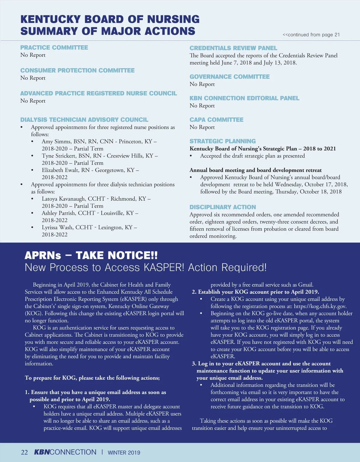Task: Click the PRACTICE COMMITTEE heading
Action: tap(54, 48)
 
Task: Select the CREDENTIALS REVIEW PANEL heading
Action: tap(233, 48)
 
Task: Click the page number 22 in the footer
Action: tap(24, 452)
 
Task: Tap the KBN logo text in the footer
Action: tap(42, 452)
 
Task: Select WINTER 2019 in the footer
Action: tap(124, 453)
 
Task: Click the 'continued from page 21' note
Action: tap(311, 35)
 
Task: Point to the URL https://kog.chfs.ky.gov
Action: tap(320, 306)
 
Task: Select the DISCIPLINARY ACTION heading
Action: tap(223, 207)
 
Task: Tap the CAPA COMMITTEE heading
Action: tap(216, 120)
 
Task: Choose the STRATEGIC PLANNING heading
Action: tap(223, 141)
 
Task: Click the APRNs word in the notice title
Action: tap(43, 256)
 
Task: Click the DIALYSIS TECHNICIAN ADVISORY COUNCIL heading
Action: tap(84, 120)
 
